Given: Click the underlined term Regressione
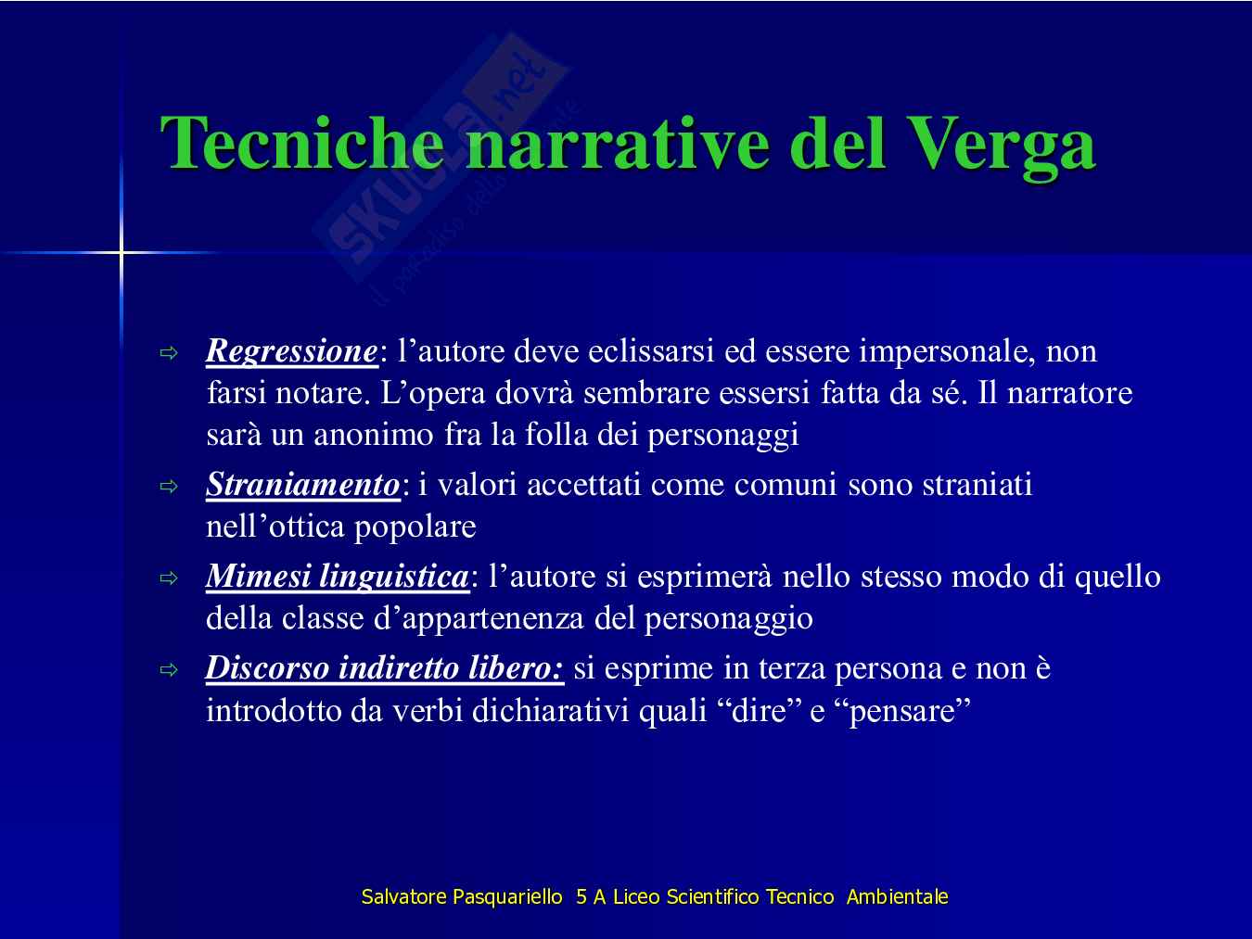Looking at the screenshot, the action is coord(291,351).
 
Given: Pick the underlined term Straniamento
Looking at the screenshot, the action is coord(303,485).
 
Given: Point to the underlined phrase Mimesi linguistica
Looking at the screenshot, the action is coord(337,577).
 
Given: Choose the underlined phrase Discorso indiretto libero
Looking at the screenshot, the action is coord(385,668).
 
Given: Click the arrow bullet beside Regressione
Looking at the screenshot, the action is coord(169,353).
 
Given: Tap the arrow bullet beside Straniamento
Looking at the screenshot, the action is coord(169,487).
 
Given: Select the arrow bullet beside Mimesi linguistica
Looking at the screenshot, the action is coord(169,578).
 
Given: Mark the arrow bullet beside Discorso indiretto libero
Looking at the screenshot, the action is coord(169,670).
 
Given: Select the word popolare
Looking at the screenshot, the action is coord(415,528).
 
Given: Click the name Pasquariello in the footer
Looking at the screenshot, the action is coord(507,896).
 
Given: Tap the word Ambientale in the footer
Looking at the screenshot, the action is coord(897,896).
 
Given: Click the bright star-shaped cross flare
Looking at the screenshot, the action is coord(121,252).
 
